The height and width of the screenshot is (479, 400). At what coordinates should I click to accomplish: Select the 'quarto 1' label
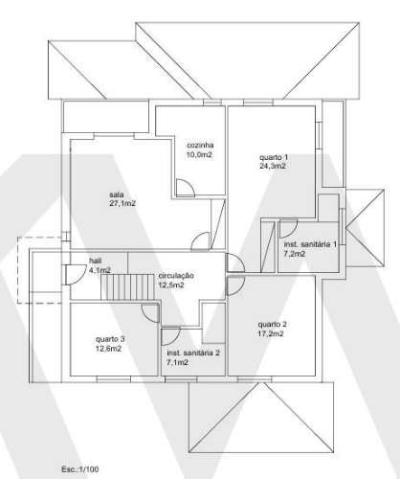click(273, 157)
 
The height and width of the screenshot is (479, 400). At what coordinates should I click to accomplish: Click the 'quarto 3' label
click(110, 339)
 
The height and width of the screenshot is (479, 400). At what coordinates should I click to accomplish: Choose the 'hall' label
click(95, 261)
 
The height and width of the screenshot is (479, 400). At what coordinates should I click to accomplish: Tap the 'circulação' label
click(176, 276)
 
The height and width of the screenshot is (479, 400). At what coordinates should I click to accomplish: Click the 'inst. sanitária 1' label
click(309, 245)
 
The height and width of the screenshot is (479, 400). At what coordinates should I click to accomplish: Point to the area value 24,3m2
click(273, 166)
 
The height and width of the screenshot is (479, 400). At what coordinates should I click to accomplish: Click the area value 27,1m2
click(122, 204)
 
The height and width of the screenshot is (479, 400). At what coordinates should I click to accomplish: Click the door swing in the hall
click(71, 275)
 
